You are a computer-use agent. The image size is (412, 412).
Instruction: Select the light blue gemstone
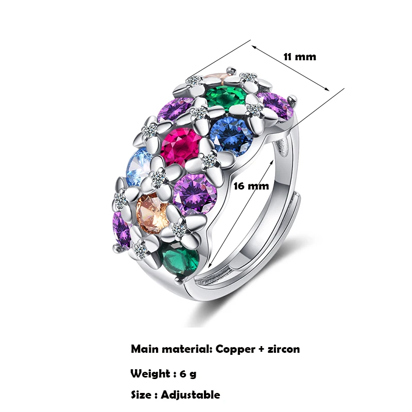pyautogui.click(x=138, y=166)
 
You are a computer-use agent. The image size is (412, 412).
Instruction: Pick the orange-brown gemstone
pyautogui.click(x=152, y=212)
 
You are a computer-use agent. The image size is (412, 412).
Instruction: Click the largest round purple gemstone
pyautogui.click(x=194, y=194)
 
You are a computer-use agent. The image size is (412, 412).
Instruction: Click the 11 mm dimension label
pyautogui.click(x=300, y=57)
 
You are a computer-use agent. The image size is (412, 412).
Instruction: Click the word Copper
pyautogui.click(x=234, y=349)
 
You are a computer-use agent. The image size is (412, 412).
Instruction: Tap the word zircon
pyautogui.click(x=282, y=349)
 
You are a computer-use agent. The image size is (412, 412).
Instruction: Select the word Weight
pyautogui.click(x=150, y=373)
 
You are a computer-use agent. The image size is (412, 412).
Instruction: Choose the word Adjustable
pyautogui.click(x=190, y=395)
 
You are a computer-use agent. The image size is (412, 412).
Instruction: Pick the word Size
pyautogui.click(x=141, y=395)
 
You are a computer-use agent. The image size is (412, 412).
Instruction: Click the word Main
pyautogui.click(x=145, y=349)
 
